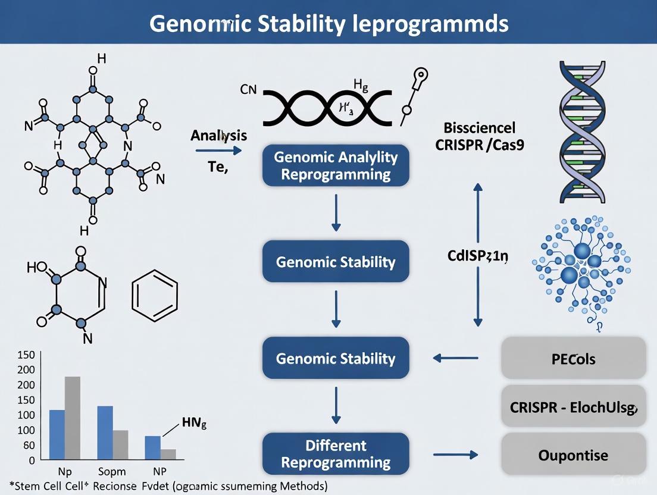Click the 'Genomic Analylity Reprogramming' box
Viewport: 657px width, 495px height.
point(336,165)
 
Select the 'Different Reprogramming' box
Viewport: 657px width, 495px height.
point(336,453)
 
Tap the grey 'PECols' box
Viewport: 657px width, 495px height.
point(573,359)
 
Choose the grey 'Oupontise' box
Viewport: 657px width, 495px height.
point(573,455)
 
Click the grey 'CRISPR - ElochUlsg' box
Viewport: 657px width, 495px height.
point(573,408)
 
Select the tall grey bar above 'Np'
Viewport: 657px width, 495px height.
point(73,418)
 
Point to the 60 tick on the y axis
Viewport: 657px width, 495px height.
point(28,445)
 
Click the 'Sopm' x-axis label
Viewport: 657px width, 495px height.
point(112,472)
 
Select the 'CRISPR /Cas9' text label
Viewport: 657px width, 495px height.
point(480,145)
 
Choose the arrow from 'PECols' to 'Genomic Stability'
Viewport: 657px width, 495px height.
point(455,358)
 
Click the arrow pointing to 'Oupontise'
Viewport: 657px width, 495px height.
point(455,455)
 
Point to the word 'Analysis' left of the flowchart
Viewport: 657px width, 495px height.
point(218,136)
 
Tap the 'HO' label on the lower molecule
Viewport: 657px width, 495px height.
point(36,267)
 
